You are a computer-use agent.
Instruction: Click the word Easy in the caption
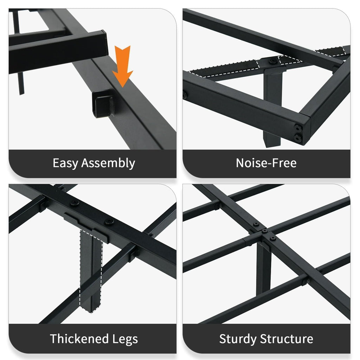click(x=65, y=163)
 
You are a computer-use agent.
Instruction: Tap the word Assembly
click(x=108, y=163)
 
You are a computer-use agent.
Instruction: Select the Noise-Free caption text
click(x=266, y=163)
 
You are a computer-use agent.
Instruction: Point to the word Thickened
click(x=79, y=339)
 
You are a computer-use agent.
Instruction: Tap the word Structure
click(x=287, y=339)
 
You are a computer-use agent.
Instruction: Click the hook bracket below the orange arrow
click(x=103, y=104)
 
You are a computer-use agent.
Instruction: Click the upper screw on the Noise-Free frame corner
click(x=298, y=128)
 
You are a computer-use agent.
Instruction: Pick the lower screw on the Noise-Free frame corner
click(x=298, y=138)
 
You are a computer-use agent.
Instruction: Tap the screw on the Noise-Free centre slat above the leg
click(x=273, y=61)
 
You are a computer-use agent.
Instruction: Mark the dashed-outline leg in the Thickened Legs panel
click(x=91, y=271)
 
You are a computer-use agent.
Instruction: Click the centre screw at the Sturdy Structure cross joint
click(x=264, y=231)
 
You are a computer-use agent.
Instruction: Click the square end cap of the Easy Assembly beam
click(x=105, y=43)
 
